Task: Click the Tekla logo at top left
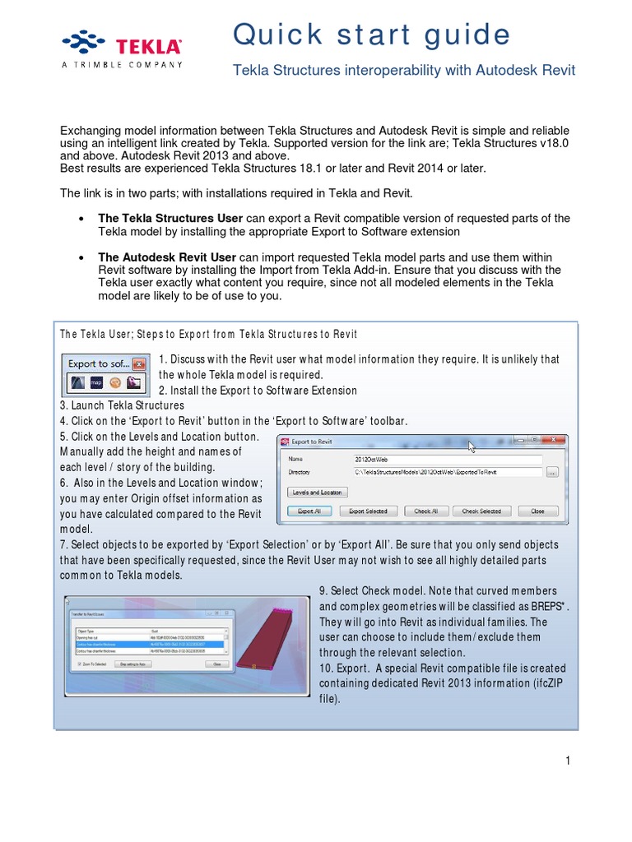pyautogui.click(x=122, y=49)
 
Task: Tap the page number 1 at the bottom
pyautogui.click(x=568, y=761)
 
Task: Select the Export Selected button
pyautogui.click(x=368, y=511)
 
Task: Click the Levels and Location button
pyautogui.click(x=318, y=492)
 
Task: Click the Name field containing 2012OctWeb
pyautogui.click(x=447, y=460)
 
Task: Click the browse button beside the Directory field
pyautogui.click(x=552, y=472)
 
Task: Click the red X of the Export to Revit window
pyautogui.click(x=550, y=441)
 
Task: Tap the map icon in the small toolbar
pyautogui.click(x=96, y=382)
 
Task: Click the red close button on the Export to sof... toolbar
pyautogui.click(x=140, y=363)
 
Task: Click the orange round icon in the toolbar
pyautogui.click(x=114, y=382)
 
